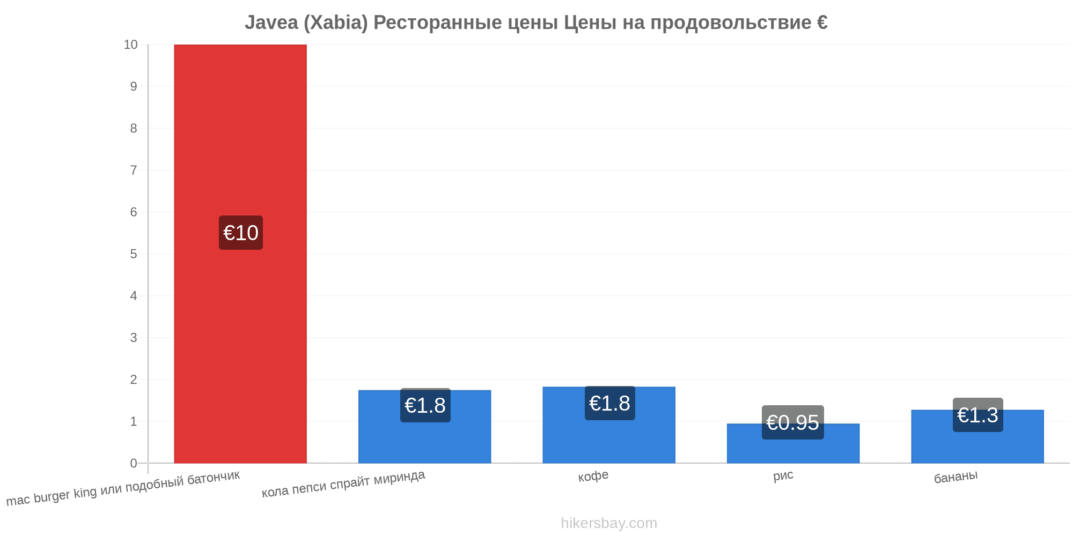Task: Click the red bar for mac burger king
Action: (240, 254)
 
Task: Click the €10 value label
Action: (241, 233)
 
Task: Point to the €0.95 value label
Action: (793, 422)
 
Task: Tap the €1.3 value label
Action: (978, 415)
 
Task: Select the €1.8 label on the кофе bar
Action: (609, 403)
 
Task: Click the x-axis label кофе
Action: (593, 476)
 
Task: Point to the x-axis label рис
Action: (783, 475)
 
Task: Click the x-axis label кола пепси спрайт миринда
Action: (343, 483)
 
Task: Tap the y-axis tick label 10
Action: (130, 44)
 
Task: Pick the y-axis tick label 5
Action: (134, 254)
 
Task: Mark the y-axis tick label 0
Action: (134, 463)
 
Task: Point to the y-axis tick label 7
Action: (134, 170)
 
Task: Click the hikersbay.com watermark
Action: (609, 523)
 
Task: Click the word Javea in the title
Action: (271, 23)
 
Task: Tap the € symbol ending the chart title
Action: (822, 23)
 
